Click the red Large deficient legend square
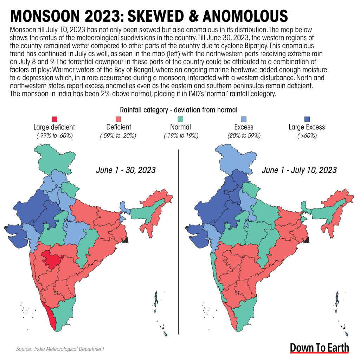(x=54, y=120)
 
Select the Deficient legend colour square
(x=118, y=120)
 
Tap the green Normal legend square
(x=180, y=120)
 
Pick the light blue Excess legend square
(x=243, y=120)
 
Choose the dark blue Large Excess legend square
(x=307, y=120)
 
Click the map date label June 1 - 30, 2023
(x=126, y=170)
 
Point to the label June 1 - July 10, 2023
(x=299, y=170)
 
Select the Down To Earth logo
(x=320, y=348)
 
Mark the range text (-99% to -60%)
(x=54, y=136)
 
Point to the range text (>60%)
(x=307, y=136)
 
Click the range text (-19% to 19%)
(x=180, y=136)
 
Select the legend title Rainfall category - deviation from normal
(x=179, y=110)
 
